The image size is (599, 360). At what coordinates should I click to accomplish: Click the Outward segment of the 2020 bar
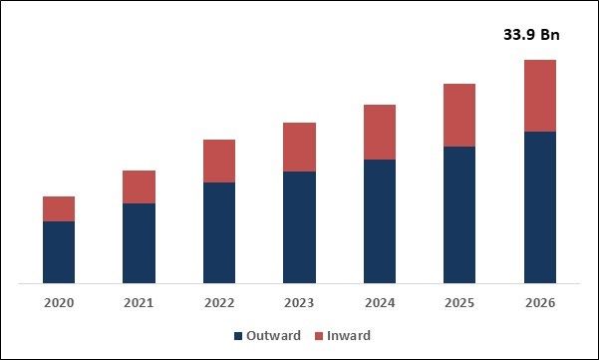59,252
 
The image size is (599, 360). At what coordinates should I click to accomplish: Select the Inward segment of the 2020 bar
59,208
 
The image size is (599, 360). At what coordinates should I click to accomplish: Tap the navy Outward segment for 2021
139,243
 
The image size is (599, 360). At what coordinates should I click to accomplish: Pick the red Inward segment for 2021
139,186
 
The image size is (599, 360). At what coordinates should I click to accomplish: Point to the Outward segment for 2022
219,232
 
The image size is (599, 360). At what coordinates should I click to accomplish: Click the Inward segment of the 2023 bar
299,147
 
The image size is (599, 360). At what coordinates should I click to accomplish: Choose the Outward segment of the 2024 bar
379,221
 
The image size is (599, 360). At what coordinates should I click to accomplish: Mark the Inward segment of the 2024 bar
379,132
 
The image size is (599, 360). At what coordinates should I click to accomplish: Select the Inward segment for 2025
459,115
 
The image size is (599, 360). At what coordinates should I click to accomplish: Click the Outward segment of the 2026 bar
539,207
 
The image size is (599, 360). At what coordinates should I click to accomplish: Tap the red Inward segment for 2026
539,96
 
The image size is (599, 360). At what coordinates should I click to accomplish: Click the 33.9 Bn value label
531,36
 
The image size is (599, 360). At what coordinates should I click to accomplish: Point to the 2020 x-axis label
59,302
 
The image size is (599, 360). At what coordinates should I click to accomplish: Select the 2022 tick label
219,302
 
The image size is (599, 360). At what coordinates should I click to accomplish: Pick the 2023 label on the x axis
299,302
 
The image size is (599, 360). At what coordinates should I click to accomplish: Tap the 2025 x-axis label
459,302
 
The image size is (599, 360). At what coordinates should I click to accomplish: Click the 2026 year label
539,302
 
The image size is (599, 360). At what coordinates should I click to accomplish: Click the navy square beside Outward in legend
238,336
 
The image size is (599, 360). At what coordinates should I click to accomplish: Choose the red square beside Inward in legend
319,336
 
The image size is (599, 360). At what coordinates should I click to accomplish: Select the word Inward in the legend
349,336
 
